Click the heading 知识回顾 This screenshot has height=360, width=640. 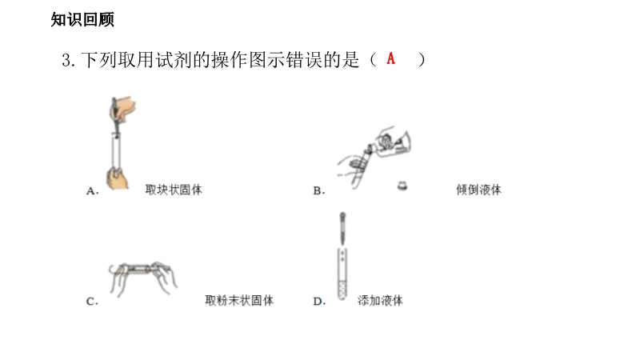click(82, 19)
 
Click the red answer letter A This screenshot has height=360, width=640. click(391, 58)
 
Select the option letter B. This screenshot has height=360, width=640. click(318, 190)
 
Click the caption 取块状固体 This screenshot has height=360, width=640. click(174, 190)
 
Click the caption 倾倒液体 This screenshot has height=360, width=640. click(478, 190)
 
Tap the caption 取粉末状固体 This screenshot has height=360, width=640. click(239, 301)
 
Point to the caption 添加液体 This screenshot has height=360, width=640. click(380, 301)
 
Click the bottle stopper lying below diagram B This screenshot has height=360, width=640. click(402, 186)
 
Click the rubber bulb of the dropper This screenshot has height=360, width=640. click(343, 216)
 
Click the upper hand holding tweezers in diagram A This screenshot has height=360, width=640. click(124, 108)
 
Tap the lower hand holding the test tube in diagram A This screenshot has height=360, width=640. click(117, 178)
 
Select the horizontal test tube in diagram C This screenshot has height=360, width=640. click(141, 270)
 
